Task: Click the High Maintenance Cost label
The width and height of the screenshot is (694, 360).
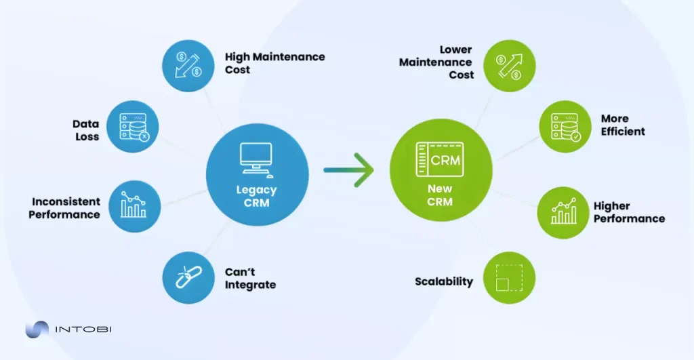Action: click(274, 63)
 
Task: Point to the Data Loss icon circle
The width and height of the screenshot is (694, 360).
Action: click(133, 127)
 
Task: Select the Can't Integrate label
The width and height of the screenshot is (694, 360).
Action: click(250, 278)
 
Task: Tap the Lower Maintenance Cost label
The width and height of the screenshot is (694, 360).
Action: click(436, 62)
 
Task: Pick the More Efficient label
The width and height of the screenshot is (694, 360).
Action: click(622, 125)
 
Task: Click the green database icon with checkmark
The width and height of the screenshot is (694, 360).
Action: click(565, 127)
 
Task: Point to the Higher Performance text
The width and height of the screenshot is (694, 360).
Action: click(628, 212)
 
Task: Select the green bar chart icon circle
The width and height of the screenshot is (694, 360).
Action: click(563, 212)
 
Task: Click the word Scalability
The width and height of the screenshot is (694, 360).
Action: click(444, 281)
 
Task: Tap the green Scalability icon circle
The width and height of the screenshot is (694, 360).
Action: click(509, 278)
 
